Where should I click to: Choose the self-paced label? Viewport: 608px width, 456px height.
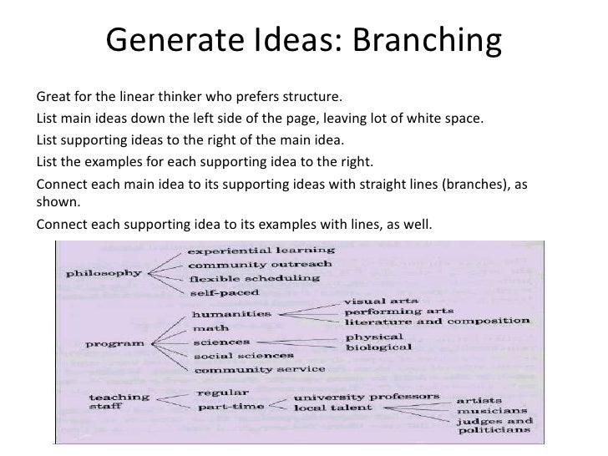click(224, 292)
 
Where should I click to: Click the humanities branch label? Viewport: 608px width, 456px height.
click(231, 313)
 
